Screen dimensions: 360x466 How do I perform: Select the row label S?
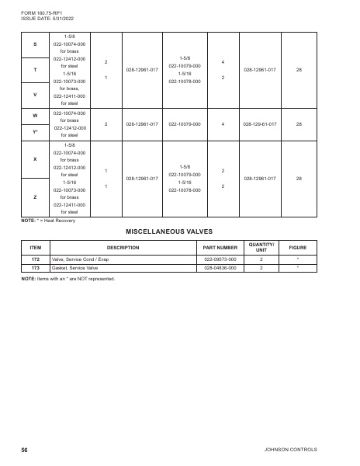point(35,43)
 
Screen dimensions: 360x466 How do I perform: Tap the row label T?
point(35,70)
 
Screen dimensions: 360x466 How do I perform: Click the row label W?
point(35,115)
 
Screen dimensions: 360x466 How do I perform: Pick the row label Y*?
point(35,131)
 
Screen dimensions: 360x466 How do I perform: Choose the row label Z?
point(35,196)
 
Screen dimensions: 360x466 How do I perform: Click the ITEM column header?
point(35,247)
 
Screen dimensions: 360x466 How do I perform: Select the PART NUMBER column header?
point(220,247)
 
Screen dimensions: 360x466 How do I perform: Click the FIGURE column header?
point(298,247)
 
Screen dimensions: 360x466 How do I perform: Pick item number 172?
point(35,259)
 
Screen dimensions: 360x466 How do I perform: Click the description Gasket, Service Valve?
point(76,266)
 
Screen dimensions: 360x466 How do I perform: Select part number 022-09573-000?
point(220,259)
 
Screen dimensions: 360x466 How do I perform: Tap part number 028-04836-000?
point(220,266)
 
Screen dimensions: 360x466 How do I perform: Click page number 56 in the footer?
point(25,450)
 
